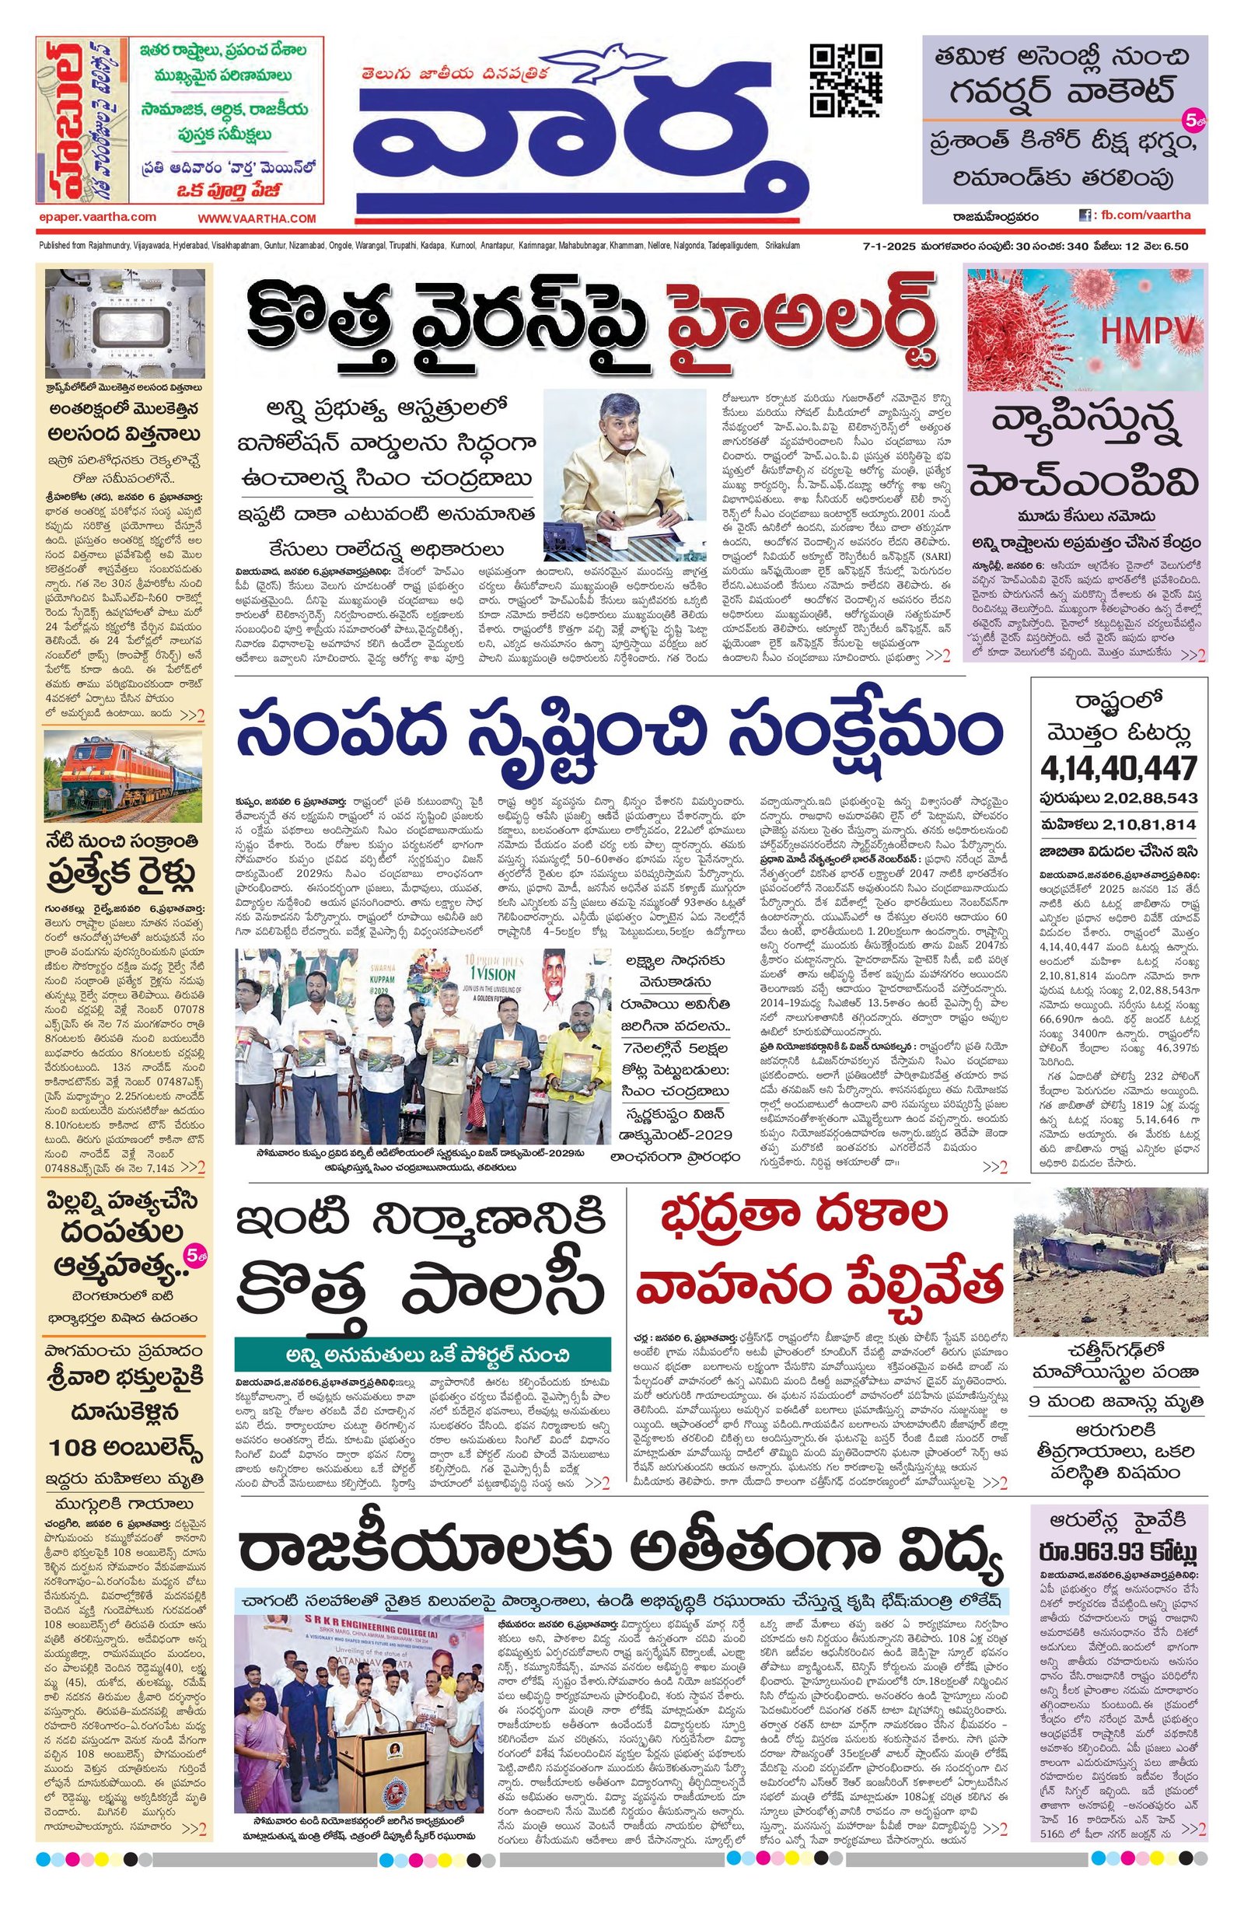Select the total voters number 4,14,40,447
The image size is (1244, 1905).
1118,767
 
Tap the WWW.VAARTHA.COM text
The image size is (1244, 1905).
257,218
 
